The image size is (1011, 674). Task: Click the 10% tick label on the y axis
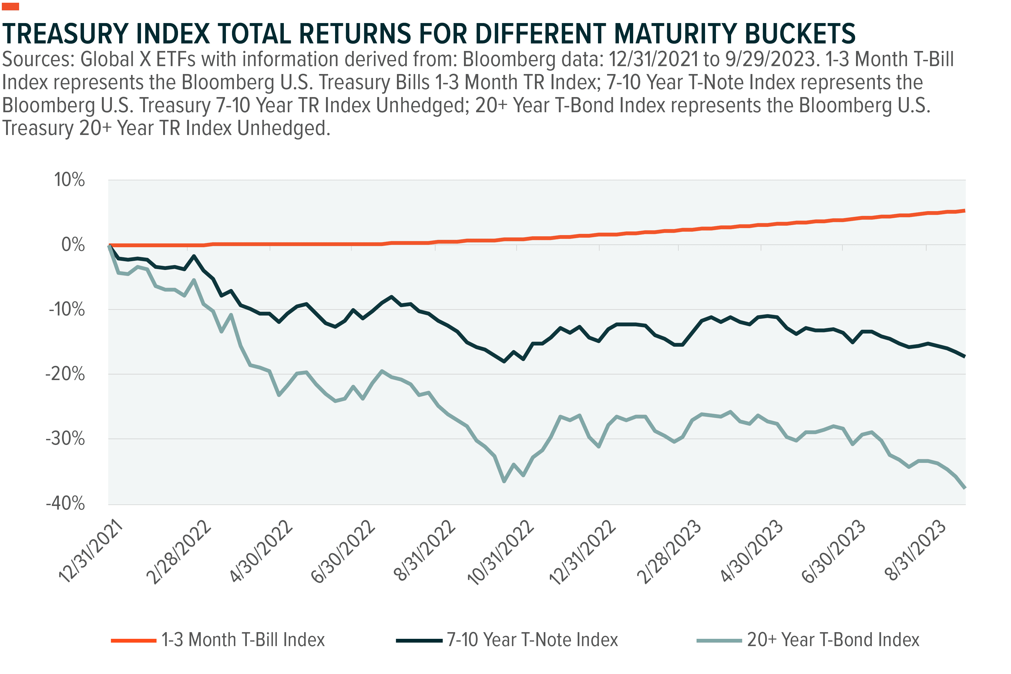69,180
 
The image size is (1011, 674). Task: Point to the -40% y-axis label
65,503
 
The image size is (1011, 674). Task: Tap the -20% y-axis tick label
65,374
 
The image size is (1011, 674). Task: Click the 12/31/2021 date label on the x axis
91,551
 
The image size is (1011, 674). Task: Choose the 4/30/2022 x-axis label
261,551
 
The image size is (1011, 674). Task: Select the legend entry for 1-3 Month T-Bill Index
243,640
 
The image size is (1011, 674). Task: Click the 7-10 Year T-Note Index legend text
532,640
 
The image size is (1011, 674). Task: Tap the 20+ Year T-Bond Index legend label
833,640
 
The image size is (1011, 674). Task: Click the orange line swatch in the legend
133,640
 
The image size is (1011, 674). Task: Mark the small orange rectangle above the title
10,6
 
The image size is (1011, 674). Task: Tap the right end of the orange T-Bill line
964,211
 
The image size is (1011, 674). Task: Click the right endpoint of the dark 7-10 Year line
964,356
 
